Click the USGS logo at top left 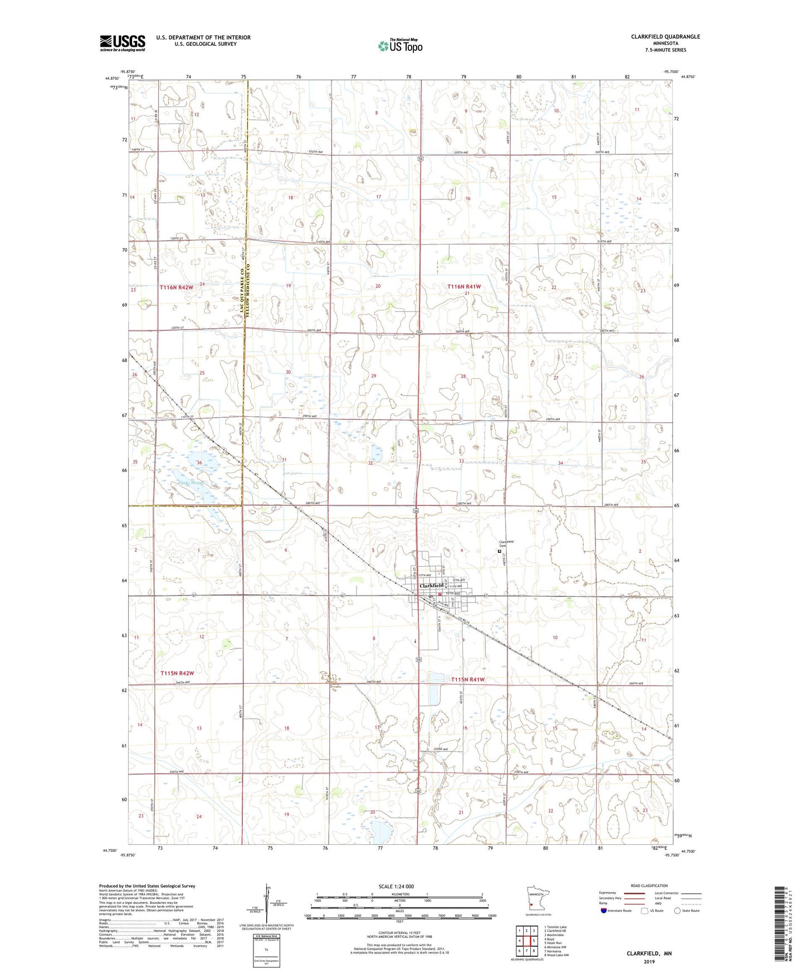click(123, 43)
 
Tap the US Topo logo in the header click(400, 46)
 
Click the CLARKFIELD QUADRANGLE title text click(665, 37)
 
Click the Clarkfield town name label click(432, 586)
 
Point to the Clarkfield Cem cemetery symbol click(499, 551)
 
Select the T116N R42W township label click(177, 288)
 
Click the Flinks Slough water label click(191, 483)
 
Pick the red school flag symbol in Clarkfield click(440, 595)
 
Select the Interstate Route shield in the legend click(604, 911)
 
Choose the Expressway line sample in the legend click(635, 893)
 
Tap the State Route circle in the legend click(677, 911)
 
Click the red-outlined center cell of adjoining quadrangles click(526, 941)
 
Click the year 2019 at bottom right click(649, 961)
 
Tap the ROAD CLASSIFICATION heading click(650, 886)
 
